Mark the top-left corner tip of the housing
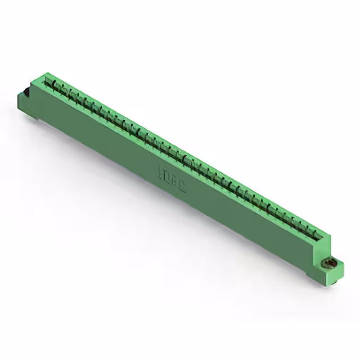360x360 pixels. [44, 73]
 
